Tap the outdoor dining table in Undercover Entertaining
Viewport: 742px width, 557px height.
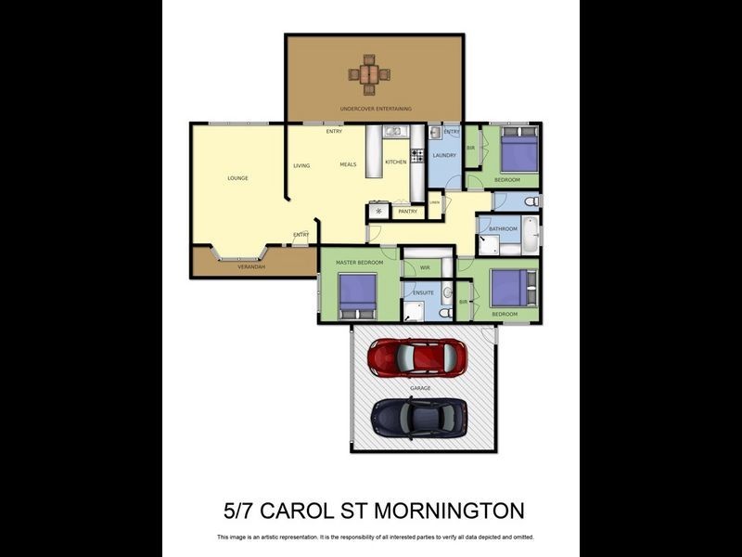coord(370,73)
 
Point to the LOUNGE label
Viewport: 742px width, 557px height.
coord(238,178)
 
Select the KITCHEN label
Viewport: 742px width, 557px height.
coord(396,162)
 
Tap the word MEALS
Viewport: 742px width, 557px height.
coord(349,164)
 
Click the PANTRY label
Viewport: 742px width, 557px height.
coord(407,212)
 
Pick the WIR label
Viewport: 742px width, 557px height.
coord(425,267)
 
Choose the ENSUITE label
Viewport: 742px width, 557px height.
coord(424,292)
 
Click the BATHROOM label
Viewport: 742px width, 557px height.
coord(503,228)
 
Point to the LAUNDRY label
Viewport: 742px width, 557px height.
coord(444,155)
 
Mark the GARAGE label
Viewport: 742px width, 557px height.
coord(421,386)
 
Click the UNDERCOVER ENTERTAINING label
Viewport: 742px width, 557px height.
coord(376,109)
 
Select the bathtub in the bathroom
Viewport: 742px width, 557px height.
coord(530,236)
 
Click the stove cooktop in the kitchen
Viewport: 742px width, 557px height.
coord(417,155)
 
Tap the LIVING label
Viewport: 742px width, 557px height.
coord(301,166)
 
